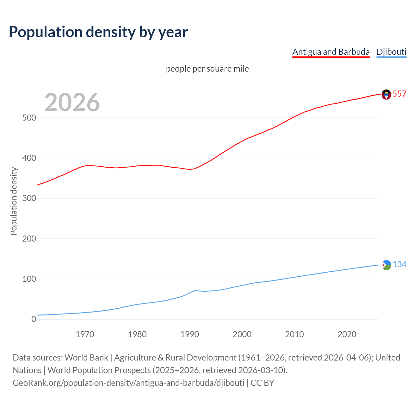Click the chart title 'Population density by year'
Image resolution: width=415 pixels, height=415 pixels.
98,32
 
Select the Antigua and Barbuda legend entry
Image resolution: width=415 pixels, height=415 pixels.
331,52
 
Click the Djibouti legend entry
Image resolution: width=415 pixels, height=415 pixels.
391,52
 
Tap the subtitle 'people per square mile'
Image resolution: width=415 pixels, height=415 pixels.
207,69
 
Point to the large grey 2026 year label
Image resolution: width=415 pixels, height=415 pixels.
72,102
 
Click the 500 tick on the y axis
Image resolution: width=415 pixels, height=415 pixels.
29,118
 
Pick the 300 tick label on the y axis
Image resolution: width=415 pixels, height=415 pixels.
29,198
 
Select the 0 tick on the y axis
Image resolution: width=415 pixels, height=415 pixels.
34,319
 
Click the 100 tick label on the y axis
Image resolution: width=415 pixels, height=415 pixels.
29,279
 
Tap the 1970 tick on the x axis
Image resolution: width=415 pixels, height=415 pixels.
85,334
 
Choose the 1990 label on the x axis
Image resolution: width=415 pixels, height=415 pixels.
190,334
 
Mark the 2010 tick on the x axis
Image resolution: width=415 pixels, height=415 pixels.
294,334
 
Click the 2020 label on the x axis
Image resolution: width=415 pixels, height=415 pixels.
347,334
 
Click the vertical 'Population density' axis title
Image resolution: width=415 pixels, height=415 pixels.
14,201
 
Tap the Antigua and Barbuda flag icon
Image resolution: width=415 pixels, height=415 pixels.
386,94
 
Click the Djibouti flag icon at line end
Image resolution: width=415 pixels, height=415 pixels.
386,265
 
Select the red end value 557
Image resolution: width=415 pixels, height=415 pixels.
399,94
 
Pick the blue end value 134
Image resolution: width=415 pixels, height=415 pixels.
399,264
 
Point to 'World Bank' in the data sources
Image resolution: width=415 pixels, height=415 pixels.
86,358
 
